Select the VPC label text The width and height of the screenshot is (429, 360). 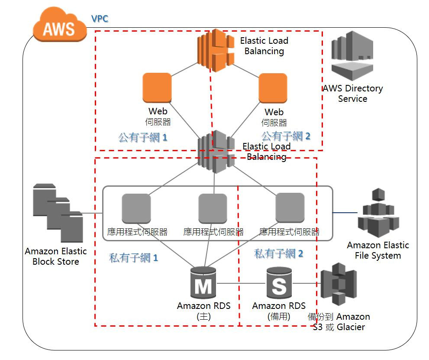tap(100, 19)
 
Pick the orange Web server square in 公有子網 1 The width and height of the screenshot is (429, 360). tap(157, 88)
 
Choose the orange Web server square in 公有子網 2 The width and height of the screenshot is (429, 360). tap(273, 88)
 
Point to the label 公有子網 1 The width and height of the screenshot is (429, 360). tap(143, 138)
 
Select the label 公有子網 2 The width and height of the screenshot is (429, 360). tap(286, 136)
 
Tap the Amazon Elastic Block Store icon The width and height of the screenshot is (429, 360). tap(58, 213)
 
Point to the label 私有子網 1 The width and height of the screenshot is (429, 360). tap(134, 258)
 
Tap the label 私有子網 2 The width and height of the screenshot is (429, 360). tap(279, 254)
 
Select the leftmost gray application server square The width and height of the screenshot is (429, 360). tap(136, 208)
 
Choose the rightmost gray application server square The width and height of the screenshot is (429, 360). tap(290, 208)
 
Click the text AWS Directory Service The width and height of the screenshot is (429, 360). tap(352, 94)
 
